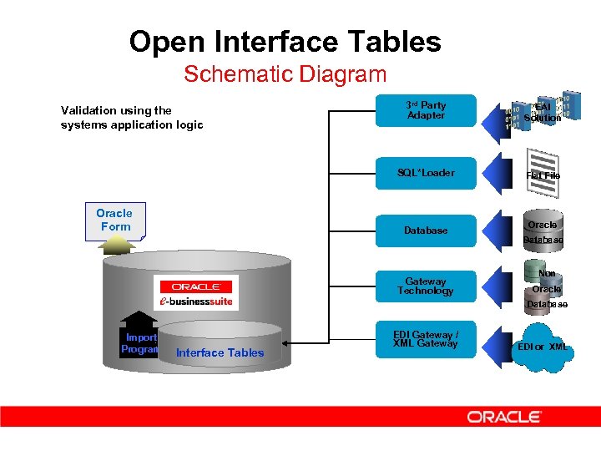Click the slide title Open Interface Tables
tap(285, 41)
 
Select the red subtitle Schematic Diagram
tap(285, 73)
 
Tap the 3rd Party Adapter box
tap(426, 110)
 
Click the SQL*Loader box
tap(426, 173)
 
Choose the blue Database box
tap(426, 230)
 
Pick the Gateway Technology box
tap(426, 286)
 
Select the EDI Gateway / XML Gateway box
tap(426, 339)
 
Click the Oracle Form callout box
tap(114, 220)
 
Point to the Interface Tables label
tap(220, 352)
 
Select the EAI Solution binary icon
tap(543, 111)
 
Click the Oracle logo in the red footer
tap(504, 417)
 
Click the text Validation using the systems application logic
tap(131, 118)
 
